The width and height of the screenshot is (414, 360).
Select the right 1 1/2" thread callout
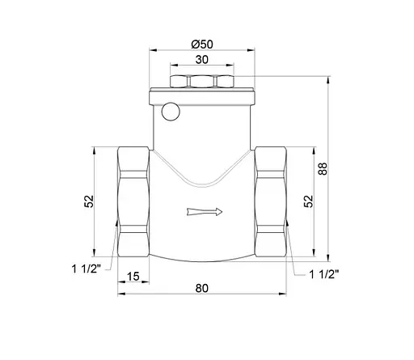(327, 275)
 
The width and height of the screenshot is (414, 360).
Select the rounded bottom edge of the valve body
(201, 260)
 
